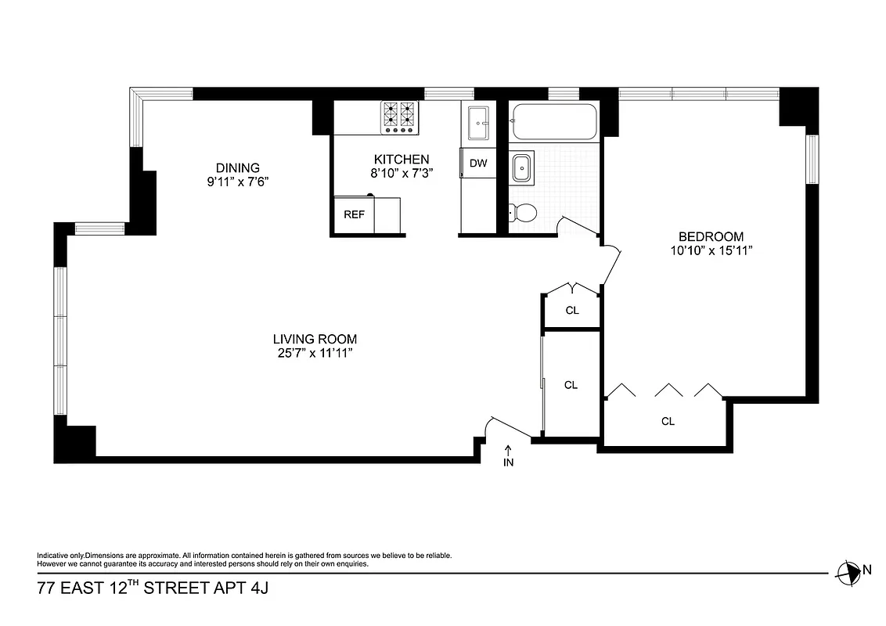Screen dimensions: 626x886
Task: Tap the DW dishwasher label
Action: coord(478,164)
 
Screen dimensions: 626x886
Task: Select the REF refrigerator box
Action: coord(354,215)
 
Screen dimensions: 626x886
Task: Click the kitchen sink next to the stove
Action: coord(477,123)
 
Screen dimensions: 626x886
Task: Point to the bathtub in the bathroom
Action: coord(553,123)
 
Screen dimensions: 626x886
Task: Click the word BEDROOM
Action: coord(711,236)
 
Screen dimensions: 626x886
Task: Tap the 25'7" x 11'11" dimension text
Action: coord(315,353)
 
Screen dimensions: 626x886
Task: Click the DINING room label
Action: coord(237,167)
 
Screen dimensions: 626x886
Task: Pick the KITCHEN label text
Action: coord(402,159)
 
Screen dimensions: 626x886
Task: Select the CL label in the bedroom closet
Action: coord(668,421)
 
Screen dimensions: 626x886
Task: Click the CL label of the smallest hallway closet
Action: coord(572,311)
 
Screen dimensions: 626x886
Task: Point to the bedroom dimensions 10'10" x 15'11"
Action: coord(711,251)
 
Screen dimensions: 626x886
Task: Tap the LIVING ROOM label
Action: coord(315,339)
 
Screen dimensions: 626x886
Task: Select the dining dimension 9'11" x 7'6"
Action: coord(237,182)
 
